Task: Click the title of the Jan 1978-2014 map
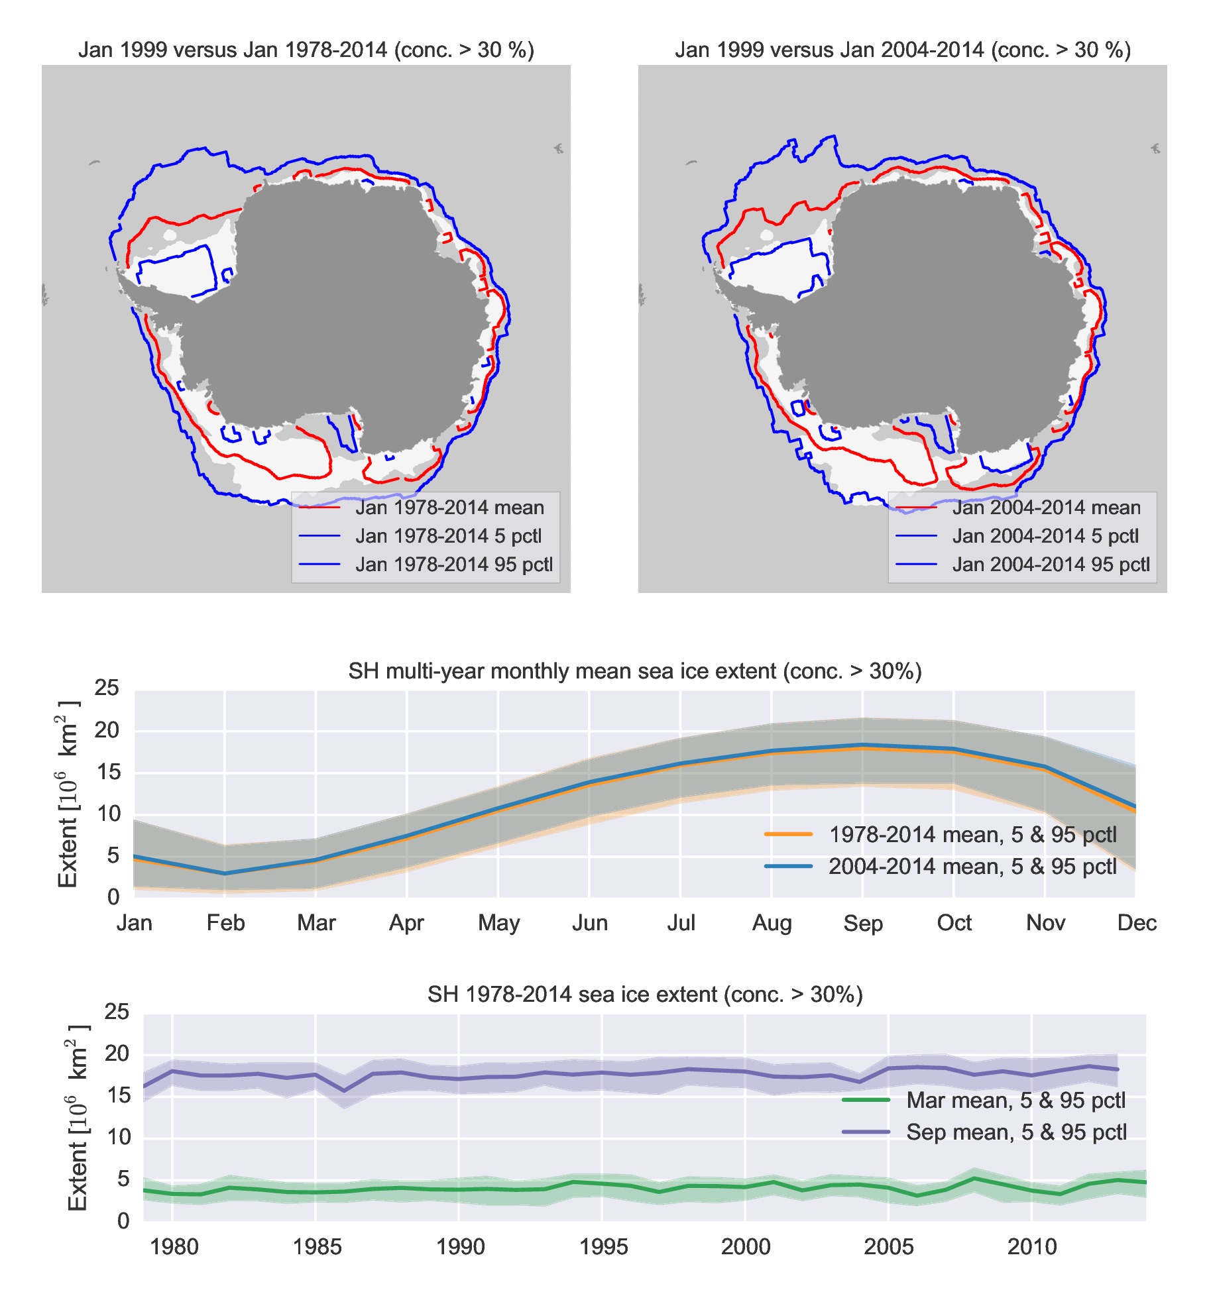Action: pos(306,50)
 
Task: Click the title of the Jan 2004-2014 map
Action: pos(902,50)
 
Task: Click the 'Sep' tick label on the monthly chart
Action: pos(862,923)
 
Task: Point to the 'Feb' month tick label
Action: pos(225,923)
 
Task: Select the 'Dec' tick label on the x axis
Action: pos(1136,923)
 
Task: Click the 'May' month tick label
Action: pos(498,923)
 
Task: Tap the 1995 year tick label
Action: pos(603,1247)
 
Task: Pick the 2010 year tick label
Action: pos(1031,1247)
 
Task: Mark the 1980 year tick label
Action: pos(174,1247)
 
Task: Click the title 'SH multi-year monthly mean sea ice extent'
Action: pos(634,671)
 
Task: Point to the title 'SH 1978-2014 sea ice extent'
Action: pos(644,995)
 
